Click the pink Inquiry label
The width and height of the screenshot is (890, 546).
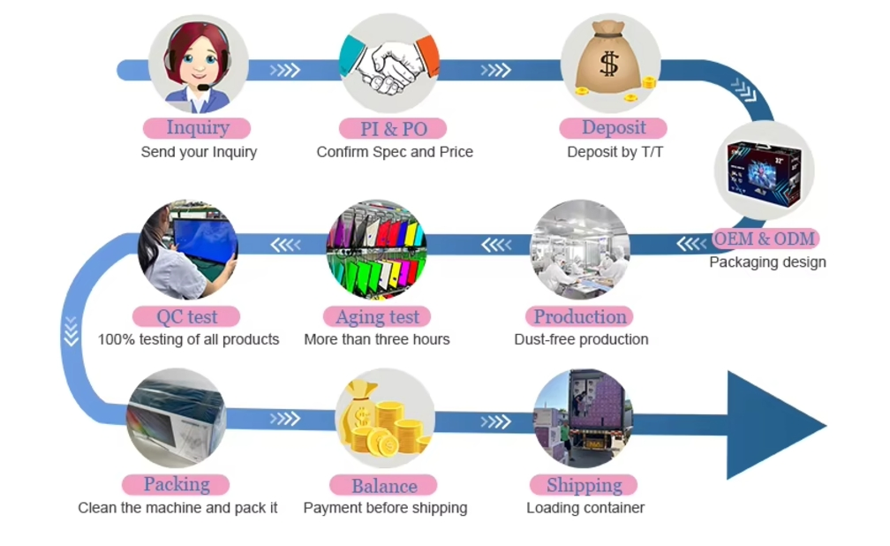197,128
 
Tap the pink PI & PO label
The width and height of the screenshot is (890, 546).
393,128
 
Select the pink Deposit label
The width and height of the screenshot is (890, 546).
613,128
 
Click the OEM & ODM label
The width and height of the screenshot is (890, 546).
765,239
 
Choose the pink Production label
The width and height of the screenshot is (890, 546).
579,316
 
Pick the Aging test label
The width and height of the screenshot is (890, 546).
377,316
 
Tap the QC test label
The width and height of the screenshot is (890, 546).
186,316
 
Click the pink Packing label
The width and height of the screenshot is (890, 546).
176,485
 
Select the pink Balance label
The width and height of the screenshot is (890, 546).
384,486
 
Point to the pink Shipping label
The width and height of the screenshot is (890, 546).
584,485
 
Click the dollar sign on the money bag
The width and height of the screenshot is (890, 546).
609,63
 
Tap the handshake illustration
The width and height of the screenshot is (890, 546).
389,64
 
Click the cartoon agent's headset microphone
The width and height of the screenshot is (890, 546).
203,87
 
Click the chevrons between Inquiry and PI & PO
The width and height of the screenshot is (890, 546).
285,70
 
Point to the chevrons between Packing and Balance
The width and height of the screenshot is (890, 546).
285,419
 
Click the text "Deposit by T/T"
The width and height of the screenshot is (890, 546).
615,152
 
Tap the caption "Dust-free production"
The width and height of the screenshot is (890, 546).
581,339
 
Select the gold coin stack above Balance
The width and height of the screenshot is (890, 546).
384,420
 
